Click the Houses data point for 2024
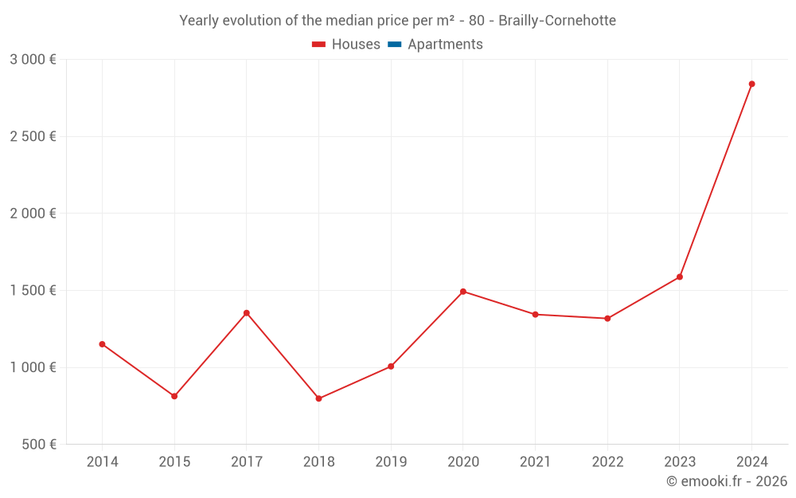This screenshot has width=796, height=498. [x=751, y=84]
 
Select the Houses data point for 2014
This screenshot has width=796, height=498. [x=102, y=344]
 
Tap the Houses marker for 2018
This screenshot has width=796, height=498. [x=318, y=398]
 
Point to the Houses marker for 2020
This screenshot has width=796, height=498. [x=462, y=292]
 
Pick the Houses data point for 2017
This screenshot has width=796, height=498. [x=246, y=313]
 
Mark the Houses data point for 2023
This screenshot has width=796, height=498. [x=680, y=277]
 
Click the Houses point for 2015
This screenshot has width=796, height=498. [x=174, y=396]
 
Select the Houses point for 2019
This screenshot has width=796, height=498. [x=391, y=367]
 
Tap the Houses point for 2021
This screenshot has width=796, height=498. [x=535, y=314]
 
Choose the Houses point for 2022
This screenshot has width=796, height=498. [x=607, y=319]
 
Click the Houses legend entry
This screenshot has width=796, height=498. [x=346, y=45]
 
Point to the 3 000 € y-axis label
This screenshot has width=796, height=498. [x=33, y=60]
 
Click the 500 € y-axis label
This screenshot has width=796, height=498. [x=38, y=445]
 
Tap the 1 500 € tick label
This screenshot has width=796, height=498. [x=33, y=291]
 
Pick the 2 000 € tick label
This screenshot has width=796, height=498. [x=33, y=214]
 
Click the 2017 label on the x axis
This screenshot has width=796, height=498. [x=246, y=462]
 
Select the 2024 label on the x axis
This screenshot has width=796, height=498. [x=751, y=462]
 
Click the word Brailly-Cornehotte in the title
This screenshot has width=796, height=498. [x=556, y=21]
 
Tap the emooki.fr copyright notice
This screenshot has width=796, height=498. [x=726, y=481]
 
